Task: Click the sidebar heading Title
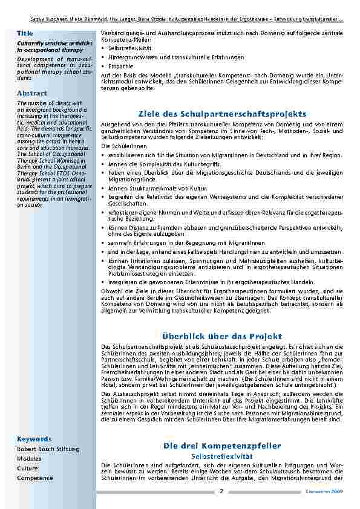pos(25,32)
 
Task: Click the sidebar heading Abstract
pos(31,93)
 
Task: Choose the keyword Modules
pos(28,459)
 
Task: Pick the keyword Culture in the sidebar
pos(27,468)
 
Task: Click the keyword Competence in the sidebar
pos(35,478)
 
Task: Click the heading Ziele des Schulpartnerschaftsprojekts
pos(222,113)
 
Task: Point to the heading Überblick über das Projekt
pos(222,336)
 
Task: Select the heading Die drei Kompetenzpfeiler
pos(222,446)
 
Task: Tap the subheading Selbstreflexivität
pos(222,455)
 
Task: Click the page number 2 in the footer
pos(221,491)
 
